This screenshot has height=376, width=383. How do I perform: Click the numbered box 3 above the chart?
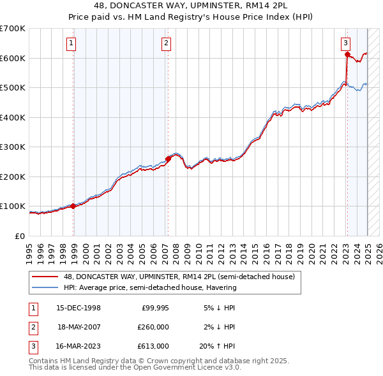[x=345, y=43]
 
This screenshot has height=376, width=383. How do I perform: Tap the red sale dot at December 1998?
[x=73, y=206]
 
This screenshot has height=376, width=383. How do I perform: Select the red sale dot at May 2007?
[x=168, y=159]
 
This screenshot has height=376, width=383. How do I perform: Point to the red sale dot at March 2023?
[x=347, y=55]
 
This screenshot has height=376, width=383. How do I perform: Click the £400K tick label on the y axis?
[x=13, y=117]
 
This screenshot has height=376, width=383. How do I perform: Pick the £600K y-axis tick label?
[x=13, y=58]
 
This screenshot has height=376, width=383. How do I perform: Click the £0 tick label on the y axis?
[x=20, y=236]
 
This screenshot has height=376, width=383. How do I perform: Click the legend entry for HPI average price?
[x=149, y=287]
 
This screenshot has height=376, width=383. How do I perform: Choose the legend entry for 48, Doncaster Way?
[x=179, y=277]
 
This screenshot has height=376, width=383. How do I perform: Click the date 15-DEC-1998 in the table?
[x=79, y=308]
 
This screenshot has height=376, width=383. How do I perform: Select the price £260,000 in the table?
[x=154, y=327]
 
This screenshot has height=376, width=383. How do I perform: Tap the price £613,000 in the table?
[x=154, y=346]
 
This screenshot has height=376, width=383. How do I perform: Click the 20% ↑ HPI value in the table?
[x=218, y=346]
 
